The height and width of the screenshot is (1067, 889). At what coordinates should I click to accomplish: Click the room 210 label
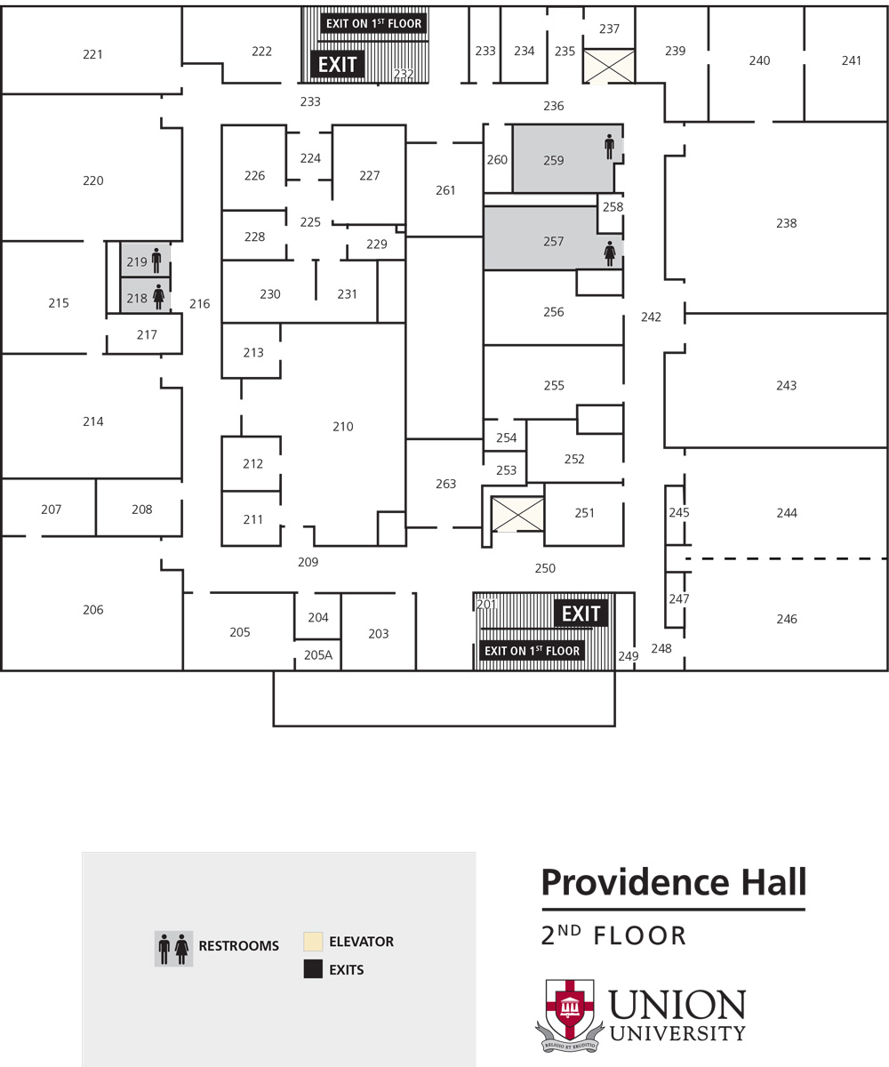(343, 427)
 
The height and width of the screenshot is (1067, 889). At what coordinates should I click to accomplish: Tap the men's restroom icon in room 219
(157, 261)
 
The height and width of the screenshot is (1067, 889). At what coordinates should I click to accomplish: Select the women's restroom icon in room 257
(610, 253)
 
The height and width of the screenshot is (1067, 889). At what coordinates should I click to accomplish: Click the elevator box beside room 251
(517, 515)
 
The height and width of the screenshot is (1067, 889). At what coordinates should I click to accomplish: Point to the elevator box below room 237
(609, 66)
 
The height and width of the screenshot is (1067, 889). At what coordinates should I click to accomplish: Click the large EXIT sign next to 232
(338, 64)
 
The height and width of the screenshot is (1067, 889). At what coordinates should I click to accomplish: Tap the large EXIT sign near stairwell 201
(581, 614)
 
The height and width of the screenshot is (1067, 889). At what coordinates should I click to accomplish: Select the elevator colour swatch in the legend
(312, 942)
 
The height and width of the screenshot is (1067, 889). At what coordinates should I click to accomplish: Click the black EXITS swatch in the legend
(312, 970)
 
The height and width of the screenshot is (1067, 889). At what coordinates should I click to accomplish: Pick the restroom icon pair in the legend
(173, 949)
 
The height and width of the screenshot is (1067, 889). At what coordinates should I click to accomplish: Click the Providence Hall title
(674, 883)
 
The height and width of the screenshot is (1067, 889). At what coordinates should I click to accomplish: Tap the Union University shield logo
(569, 1011)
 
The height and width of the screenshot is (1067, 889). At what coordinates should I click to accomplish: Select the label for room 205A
(318, 655)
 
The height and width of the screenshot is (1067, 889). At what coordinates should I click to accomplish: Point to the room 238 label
(786, 223)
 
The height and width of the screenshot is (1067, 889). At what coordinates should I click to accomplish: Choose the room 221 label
(92, 54)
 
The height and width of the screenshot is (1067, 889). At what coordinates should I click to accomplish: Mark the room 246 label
(787, 619)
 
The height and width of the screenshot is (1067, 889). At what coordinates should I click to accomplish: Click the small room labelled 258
(613, 207)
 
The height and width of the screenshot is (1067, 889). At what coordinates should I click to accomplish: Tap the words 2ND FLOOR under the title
(614, 935)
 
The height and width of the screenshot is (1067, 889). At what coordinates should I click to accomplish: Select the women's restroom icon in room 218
(159, 297)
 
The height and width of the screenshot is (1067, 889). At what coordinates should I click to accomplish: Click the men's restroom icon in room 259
(609, 147)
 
